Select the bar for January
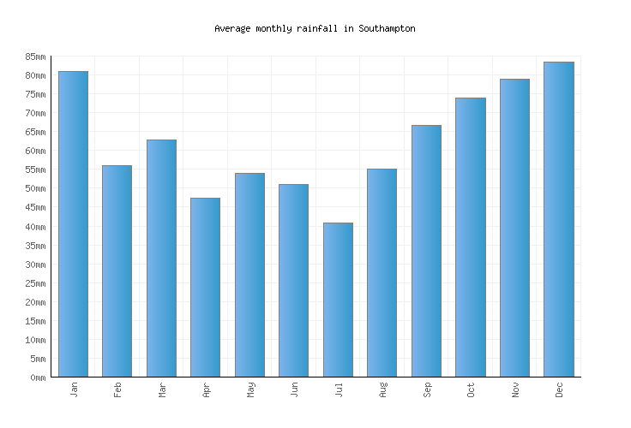73,224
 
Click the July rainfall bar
338,300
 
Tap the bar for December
558,219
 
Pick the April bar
205,288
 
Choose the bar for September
426,251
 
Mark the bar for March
161,259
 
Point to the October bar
470,237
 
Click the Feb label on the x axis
117,389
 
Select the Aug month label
382,389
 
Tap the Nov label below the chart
514,389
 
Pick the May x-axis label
249,389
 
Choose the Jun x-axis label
294,389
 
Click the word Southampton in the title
388,28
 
